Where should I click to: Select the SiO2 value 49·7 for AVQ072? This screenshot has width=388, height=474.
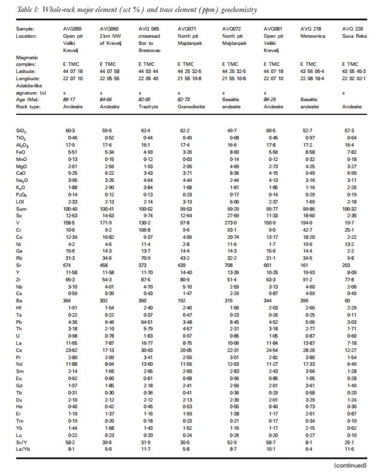[230, 129]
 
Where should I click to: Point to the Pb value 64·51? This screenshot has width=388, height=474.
[146, 323]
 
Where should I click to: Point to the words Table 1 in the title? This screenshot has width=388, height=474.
[29, 10]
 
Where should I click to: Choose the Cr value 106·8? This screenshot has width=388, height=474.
[146, 217]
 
